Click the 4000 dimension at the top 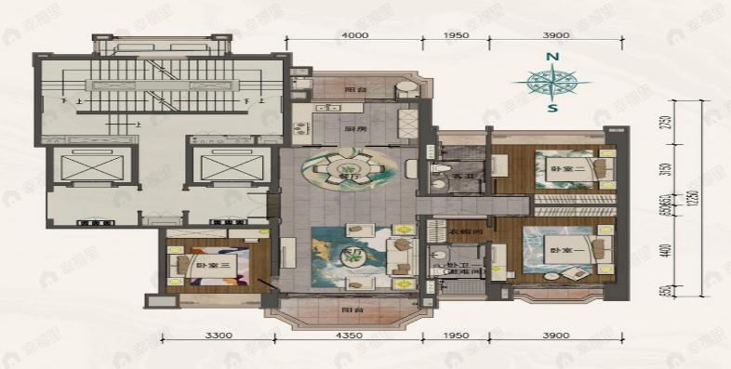tap(355, 35)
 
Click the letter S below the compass tap(552, 108)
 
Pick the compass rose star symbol tap(552, 83)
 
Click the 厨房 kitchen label tap(352, 130)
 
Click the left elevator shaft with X tap(85, 167)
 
